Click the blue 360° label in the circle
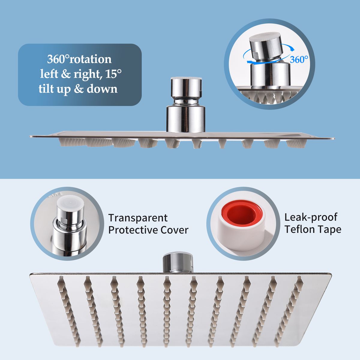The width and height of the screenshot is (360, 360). (x=299, y=60)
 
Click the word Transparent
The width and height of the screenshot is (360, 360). (x=138, y=218)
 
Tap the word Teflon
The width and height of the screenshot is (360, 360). (x=299, y=229)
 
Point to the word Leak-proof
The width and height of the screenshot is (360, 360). (x=311, y=217)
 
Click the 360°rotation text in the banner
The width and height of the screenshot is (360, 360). (x=79, y=59)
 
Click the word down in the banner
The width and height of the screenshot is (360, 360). (x=102, y=88)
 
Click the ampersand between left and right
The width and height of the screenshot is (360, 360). (x=66, y=74)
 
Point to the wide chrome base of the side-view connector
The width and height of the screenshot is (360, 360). (x=186, y=119)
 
